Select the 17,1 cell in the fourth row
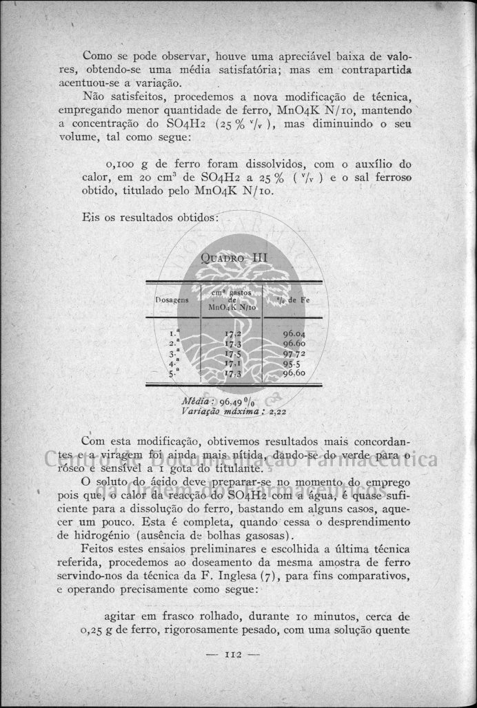tap(232, 362)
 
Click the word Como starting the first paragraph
tap(97, 54)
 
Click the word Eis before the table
tap(90, 217)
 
